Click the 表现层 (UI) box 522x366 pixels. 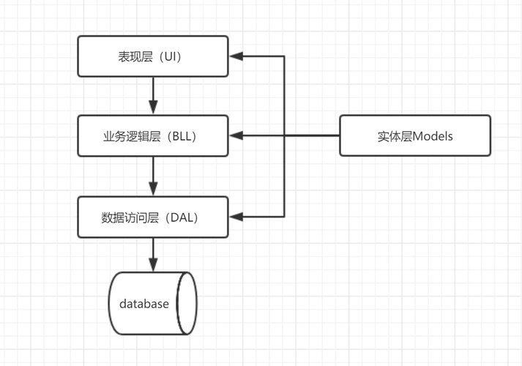tap(153, 56)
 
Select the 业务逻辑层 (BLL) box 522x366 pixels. tap(153, 136)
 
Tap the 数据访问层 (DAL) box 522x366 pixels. tap(153, 217)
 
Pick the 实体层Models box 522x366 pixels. tap(415, 135)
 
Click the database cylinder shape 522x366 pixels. tap(153, 304)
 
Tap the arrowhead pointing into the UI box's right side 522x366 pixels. tap(236, 56)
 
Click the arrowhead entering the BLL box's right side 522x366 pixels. tap(236, 136)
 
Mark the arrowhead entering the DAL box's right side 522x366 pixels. tap(236, 217)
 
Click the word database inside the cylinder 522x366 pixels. tap(144, 304)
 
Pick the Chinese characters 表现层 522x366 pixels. tap(136, 56)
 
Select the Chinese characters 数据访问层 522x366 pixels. tap(130, 217)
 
